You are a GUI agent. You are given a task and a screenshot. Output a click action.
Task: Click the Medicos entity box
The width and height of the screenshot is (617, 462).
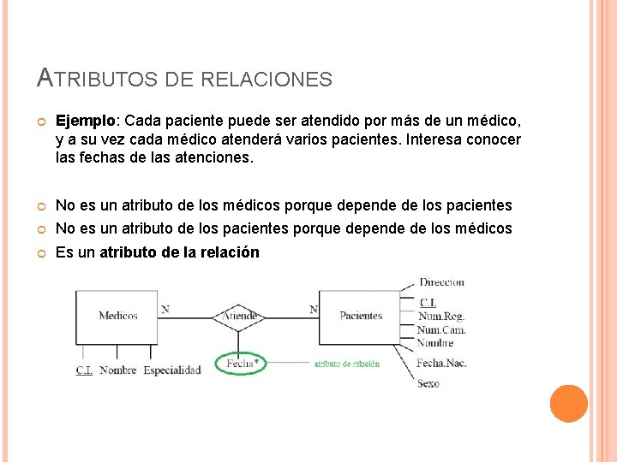(117, 316)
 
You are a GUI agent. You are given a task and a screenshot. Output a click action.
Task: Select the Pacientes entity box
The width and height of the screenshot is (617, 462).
(361, 316)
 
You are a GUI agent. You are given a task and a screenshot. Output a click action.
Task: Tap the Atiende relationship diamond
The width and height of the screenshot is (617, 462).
(241, 316)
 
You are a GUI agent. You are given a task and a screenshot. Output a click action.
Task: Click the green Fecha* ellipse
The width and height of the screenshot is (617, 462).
(242, 364)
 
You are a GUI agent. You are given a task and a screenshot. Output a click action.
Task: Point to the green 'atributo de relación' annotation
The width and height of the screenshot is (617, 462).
(346, 364)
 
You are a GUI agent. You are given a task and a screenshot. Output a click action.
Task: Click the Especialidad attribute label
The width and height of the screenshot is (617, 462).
(172, 370)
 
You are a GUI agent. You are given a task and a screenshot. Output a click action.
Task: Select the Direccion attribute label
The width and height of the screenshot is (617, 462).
(441, 282)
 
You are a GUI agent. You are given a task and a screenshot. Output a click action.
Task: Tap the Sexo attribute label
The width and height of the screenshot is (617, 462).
(428, 383)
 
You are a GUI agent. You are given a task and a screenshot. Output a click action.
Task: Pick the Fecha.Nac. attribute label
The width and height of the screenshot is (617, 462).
(441, 363)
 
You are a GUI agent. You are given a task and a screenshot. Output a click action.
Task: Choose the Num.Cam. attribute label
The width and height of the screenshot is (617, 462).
(441, 329)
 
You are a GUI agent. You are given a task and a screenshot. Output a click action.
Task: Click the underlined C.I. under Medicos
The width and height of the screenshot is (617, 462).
(84, 370)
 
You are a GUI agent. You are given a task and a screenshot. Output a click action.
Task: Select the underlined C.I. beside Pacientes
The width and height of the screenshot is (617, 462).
(428, 302)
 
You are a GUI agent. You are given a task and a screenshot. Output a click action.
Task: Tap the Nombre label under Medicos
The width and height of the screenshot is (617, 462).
(118, 370)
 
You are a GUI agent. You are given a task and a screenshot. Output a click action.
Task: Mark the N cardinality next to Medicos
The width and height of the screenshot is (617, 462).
(165, 309)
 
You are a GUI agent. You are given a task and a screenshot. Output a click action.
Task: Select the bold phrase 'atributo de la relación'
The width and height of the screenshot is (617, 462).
(180, 252)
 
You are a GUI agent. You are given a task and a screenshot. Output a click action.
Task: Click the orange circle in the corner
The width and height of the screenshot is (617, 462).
(568, 404)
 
